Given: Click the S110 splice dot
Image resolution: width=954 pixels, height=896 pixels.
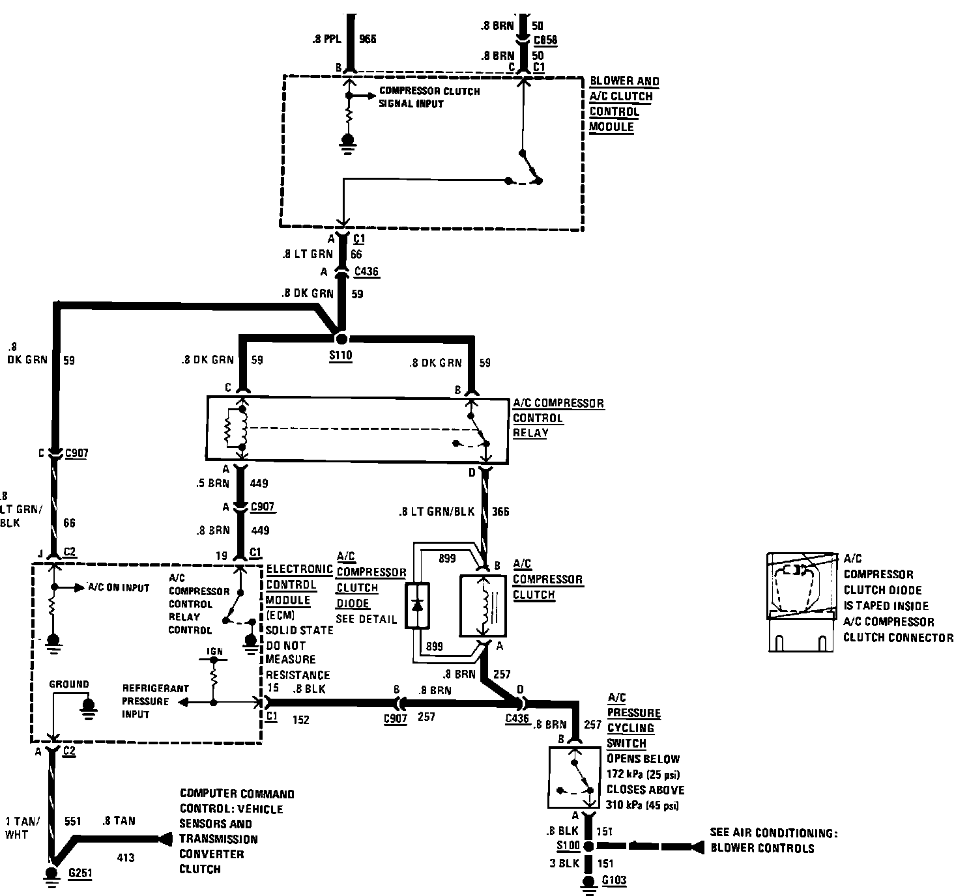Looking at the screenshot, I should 340,339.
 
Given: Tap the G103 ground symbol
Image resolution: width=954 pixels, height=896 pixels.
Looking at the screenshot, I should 588,882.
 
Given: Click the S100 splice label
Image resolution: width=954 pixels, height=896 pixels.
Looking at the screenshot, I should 568,846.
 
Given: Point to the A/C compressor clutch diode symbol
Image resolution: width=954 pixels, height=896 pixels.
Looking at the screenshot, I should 418,606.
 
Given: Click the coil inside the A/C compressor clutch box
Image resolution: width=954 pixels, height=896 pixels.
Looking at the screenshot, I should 484,604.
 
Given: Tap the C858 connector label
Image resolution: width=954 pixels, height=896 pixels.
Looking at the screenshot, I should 545,40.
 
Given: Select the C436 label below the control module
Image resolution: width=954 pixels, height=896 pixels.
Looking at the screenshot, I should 366,272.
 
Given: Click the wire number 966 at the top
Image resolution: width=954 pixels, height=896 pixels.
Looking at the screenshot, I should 368,38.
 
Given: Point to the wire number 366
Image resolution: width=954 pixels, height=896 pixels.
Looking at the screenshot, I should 500,511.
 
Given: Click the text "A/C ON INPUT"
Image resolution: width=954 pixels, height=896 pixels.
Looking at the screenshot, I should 119,587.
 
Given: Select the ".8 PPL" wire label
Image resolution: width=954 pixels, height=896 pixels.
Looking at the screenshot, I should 327,38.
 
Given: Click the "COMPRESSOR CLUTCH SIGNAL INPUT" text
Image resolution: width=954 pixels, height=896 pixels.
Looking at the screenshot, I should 429,97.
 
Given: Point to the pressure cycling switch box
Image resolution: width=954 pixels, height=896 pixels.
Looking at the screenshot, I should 572,777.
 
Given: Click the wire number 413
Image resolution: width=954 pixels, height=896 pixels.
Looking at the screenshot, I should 125,858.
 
